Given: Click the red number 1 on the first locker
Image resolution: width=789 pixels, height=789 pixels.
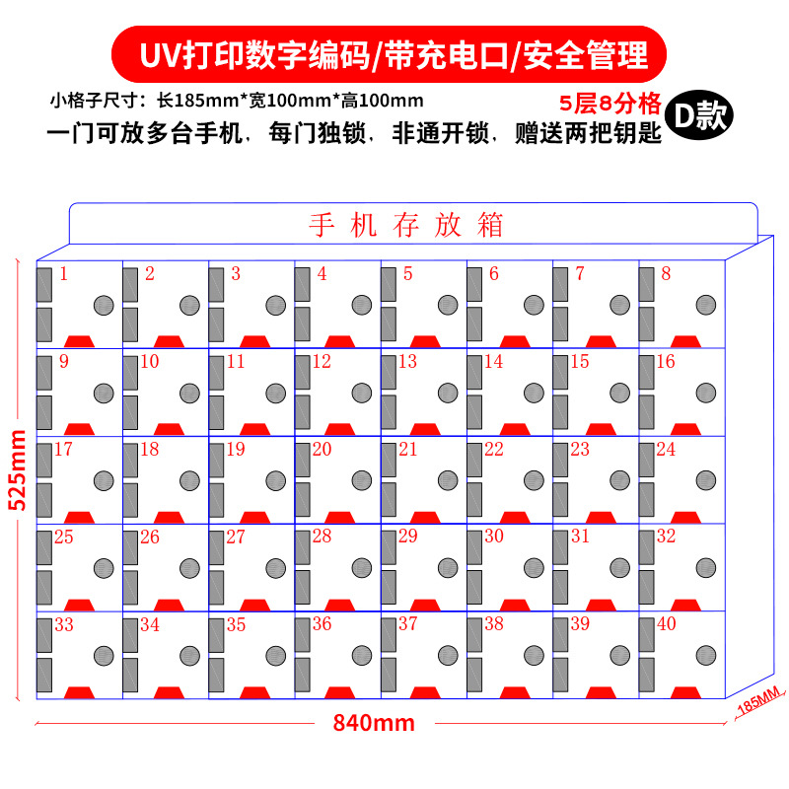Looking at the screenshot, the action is point(63,274).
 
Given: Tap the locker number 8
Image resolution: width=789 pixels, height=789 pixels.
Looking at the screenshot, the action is point(666,274).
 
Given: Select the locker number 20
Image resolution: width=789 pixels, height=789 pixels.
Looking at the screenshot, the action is point(322,450).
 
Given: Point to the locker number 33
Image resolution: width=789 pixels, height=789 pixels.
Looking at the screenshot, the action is point(64,624).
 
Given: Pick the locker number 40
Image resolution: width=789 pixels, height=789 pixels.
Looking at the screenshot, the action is point(668,624).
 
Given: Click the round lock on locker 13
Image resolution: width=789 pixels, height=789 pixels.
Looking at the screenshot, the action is point(447,393).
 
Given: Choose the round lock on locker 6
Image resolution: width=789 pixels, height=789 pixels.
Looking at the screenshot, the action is point(534,305).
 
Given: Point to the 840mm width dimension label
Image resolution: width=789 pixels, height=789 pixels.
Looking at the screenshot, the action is point(374,723).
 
